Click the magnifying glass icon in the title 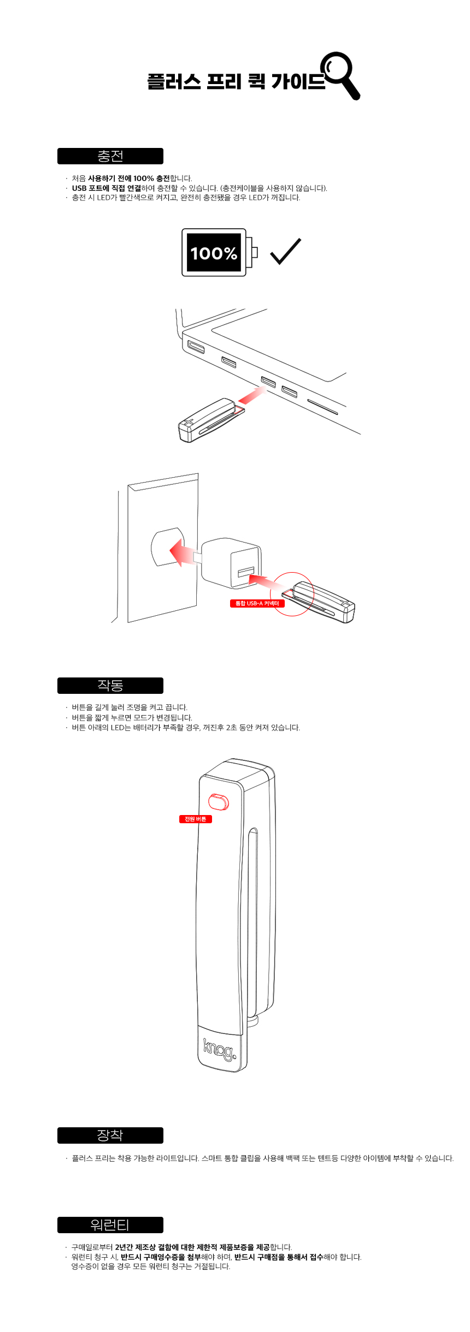pyautogui.click(x=340, y=75)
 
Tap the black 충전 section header pyautogui.click(x=110, y=156)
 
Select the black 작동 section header pyautogui.click(x=110, y=686)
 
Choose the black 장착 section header pyautogui.click(x=110, y=1135)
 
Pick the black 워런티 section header pyautogui.click(x=110, y=1225)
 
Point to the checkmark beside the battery pyautogui.click(x=286, y=251)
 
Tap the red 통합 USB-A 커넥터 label pyautogui.click(x=257, y=603)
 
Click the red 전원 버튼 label pyautogui.click(x=196, y=819)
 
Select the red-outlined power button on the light pyautogui.click(x=219, y=801)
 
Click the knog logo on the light pyautogui.click(x=220, y=1049)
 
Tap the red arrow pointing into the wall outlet pyautogui.click(x=182, y=552)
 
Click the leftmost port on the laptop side pyautogui.click(x=196, y=347)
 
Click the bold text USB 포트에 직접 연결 pyautogui.click(x=107, y=188)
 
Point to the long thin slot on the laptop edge pyautogui.click(x=322, y=407)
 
